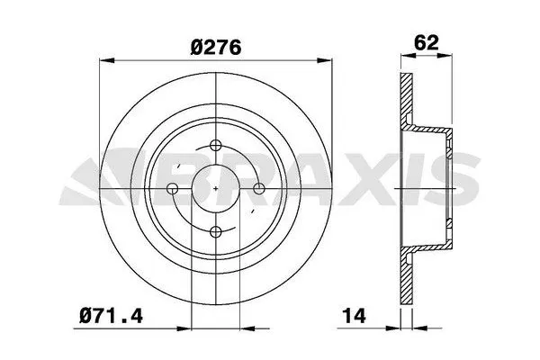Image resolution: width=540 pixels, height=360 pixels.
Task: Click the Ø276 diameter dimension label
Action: point(216,47)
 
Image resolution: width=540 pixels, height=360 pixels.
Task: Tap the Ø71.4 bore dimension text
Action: point(111,316)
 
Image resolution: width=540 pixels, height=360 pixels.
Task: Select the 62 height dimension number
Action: point(427,42)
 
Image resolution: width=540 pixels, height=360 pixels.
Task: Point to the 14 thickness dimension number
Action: point(354,316)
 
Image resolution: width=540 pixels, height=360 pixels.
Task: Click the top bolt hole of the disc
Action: point(216,146)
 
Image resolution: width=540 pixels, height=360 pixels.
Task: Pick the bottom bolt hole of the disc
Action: point(216,232)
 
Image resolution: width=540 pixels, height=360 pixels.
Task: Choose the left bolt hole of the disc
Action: point(172,189)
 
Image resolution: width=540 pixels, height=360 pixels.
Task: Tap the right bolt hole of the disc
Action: point(259,189)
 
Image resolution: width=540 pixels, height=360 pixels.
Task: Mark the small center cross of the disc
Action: point(216,189)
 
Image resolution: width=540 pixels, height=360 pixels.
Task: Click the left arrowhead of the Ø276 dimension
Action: point(106,60)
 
